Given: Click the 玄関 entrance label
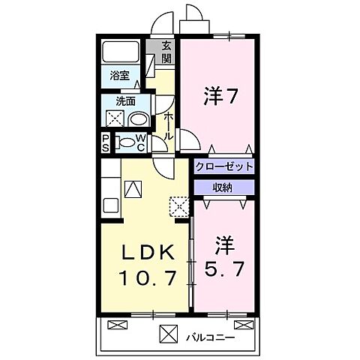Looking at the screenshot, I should point(166,52).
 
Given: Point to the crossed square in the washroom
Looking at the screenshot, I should point(115,118).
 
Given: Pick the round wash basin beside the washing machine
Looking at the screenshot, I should point(138,119).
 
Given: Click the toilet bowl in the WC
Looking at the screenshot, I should point(127,142).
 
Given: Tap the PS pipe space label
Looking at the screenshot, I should point(106,143).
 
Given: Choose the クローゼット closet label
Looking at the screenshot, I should point(223,166).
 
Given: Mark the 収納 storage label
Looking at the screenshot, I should point(223,187).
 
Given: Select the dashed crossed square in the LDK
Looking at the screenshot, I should point(179,205).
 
